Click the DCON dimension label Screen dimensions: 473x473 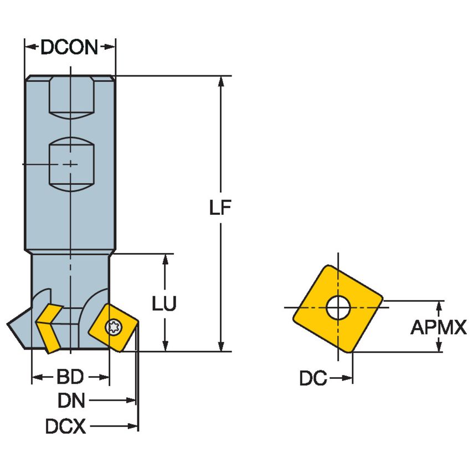click(69, 48)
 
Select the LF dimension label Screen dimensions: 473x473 click(220, 208)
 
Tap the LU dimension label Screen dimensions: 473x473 click(164, 304)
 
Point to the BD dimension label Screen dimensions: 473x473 click(70, 378)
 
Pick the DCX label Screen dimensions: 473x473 click(66, 426)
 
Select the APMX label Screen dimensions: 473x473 click(439, 327)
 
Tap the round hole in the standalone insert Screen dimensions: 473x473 click(339, 309)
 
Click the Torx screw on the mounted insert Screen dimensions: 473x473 click(116, 327)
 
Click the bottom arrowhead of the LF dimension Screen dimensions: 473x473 click(220, 346)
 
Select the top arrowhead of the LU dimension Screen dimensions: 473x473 click(164, 260)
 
